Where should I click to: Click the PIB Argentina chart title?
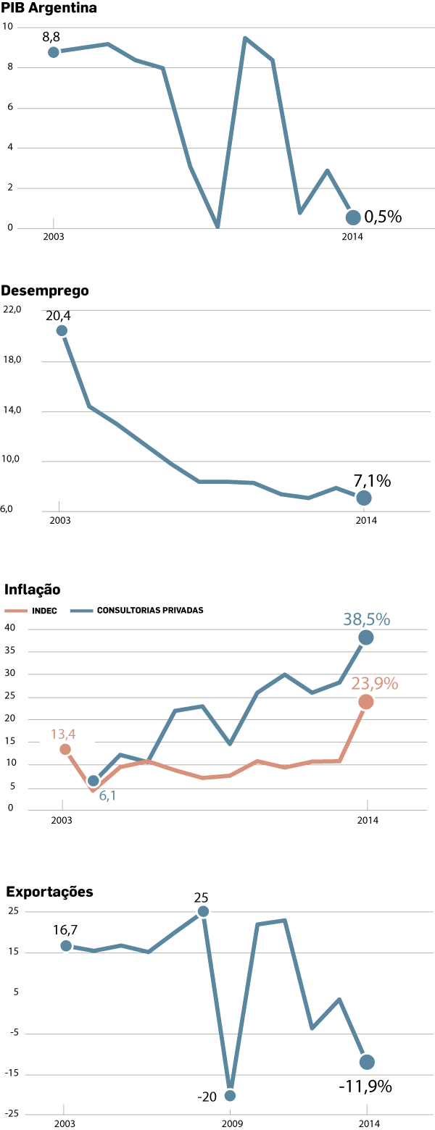49,9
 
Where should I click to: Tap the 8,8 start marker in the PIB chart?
54,52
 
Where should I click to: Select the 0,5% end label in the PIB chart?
383,217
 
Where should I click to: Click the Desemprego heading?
45,290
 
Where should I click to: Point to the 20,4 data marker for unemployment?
62,331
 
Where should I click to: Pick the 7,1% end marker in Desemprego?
364,498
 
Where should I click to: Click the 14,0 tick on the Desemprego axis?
13,410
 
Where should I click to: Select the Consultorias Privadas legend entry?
138,611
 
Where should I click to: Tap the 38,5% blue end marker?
366,637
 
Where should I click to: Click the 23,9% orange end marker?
366,702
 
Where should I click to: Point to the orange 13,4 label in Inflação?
63,734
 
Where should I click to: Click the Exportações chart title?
49,892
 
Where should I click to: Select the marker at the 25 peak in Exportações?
203,911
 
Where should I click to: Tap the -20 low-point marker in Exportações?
231,1095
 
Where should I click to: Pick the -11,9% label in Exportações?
365,1087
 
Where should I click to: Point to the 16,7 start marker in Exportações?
66,946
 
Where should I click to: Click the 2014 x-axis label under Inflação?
368,820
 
